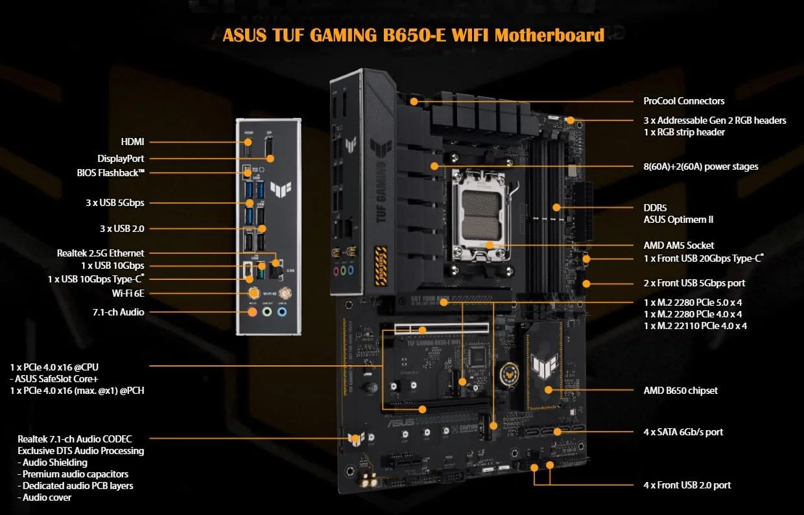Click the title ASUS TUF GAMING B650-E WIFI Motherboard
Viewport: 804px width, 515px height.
(413, 34)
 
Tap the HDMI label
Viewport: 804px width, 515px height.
(132, 141)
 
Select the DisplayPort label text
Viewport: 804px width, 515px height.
(121, 158)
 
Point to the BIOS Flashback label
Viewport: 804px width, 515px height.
(110, 173)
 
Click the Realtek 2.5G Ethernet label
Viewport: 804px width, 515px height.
(100, 253)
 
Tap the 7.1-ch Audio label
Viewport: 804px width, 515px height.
(118, 312)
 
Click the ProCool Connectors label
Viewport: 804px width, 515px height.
(683, 101)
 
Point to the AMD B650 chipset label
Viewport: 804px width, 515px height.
(680, 391)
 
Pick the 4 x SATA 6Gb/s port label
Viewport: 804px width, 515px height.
(683, 431)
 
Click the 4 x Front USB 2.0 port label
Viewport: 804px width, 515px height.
(687, 485)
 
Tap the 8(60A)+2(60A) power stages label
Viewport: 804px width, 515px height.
(700, 166)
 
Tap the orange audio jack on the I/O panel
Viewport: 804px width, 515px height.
(254, 312)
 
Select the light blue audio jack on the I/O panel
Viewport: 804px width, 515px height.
(282, 312)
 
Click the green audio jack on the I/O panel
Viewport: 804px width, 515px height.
(268, 312)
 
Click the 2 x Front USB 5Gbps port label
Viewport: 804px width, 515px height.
(694, 283)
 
